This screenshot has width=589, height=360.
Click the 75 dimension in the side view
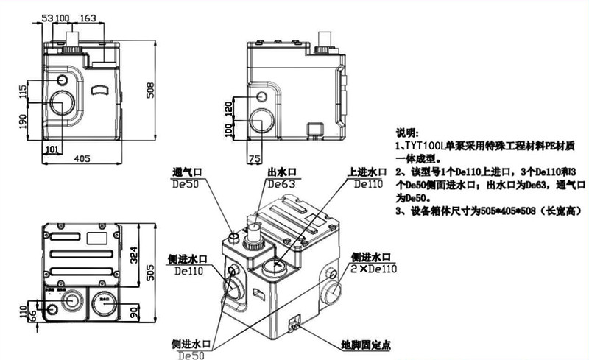click(x=255, y=158)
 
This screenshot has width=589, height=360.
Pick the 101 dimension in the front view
click(x=52, y=149)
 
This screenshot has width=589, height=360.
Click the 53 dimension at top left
click(x=46, y=17)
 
